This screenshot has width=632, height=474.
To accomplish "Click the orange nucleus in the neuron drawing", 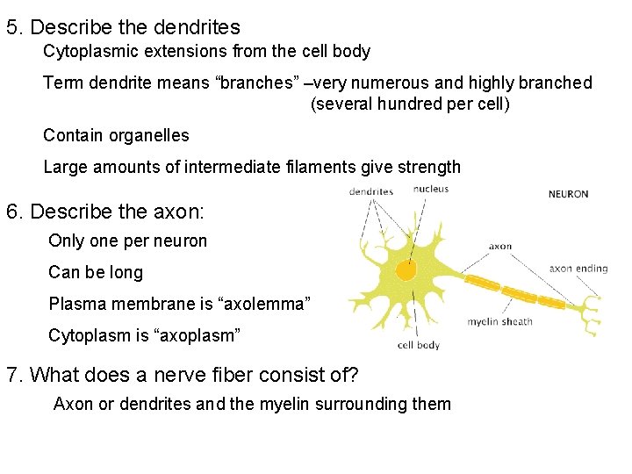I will [x=406, y=269].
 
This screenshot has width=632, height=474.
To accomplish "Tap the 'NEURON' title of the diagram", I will [x=569, y=194].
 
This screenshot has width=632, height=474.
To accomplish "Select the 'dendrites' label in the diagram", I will [x=370, y=191].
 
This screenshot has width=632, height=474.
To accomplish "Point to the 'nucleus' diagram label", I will [x=431, y=189].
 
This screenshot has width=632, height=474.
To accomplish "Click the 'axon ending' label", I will [x=578, y=269].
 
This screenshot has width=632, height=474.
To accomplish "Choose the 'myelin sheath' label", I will [x=499, y=321].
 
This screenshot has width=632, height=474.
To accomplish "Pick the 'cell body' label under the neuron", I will [x=419, y=345].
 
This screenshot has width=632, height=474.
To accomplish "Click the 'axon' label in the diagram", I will [x=500, y=247].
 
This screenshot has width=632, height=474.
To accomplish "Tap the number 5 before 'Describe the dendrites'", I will [x=12, y=27].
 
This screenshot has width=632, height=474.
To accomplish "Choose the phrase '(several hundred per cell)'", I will [x=410, y=104].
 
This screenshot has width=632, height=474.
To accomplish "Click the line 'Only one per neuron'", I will [x=128, y=241].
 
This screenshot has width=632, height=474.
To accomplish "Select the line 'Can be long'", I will [x=96, y=272].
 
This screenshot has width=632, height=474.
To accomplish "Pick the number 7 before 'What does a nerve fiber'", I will [x=12, y=375].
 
